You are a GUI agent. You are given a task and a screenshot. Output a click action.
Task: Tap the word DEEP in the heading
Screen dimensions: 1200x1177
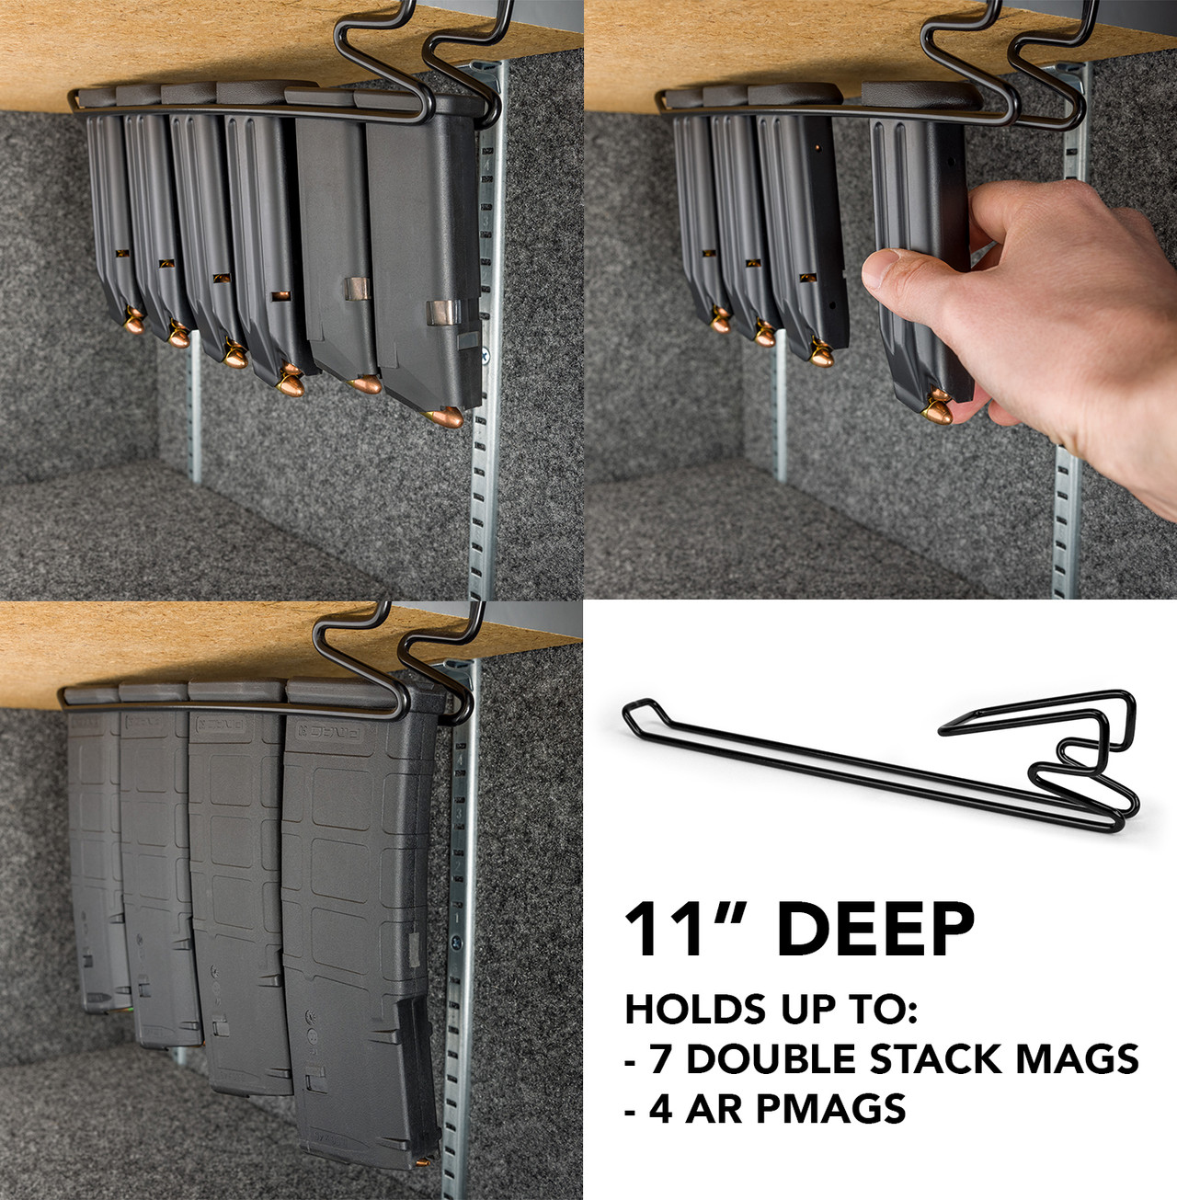[x=874, y=931]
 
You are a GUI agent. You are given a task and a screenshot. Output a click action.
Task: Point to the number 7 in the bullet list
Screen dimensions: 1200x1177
[x=660, y=1059]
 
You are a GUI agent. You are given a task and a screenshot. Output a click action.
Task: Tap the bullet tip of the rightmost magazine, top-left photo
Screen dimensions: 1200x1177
[x=446, y=418]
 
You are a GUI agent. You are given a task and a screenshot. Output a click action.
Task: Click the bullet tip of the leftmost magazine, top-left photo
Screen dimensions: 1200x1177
[x=134, y=323]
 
